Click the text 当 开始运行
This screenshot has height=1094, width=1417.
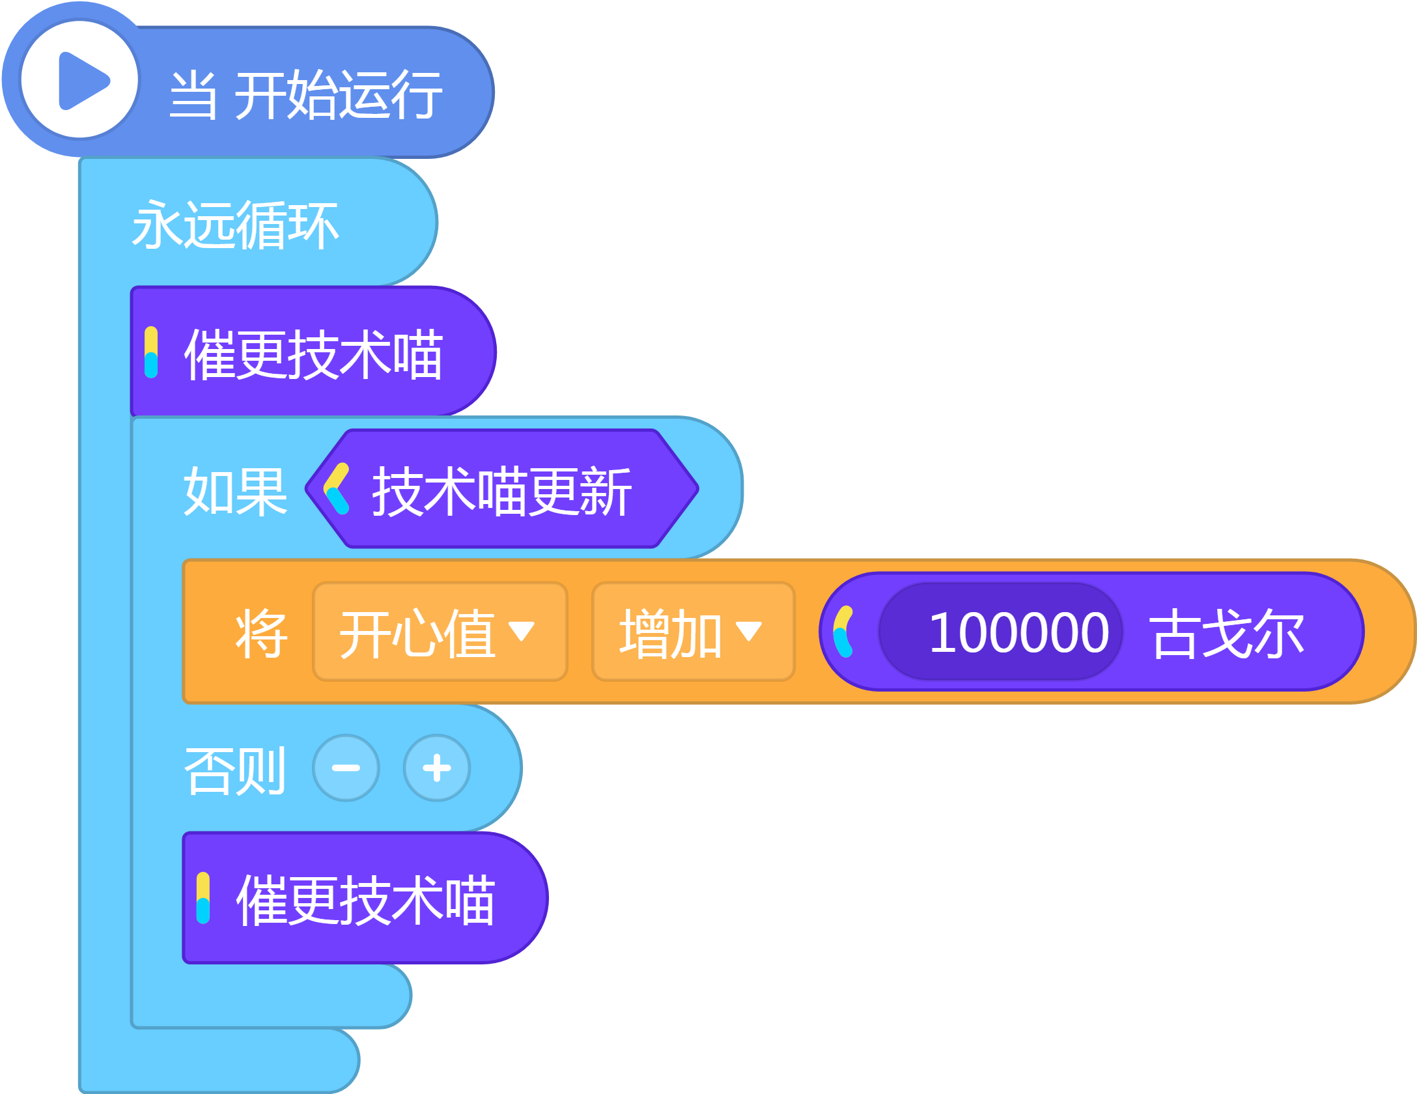(x=305, y=95)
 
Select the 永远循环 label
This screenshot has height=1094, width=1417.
(x=235, y=225)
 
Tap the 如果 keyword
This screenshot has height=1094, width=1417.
(x=235, y=492)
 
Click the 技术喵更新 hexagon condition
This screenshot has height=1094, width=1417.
(x=502, y=488)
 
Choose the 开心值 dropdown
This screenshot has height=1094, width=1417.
(x=440, y=632)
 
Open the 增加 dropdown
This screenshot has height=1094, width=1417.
(x=694, y=632)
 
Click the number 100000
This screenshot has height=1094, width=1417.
(x=1018, y=632)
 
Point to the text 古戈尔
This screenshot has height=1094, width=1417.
(x=1227, y=634)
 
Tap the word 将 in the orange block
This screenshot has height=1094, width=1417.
(x=261, y=634)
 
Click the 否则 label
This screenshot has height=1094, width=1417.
(x=235, y=770)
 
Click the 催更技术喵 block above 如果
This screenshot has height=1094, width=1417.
(x=313, y=352)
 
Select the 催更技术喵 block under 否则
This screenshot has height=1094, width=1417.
(x=365, y=898)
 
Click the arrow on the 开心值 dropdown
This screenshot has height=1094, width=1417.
(x=522, y=631)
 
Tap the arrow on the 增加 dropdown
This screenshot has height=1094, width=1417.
(x=749, y=631)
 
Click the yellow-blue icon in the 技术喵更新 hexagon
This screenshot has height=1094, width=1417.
(x=337, y=488)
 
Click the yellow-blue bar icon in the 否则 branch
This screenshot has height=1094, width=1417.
(x=203, y=898)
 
